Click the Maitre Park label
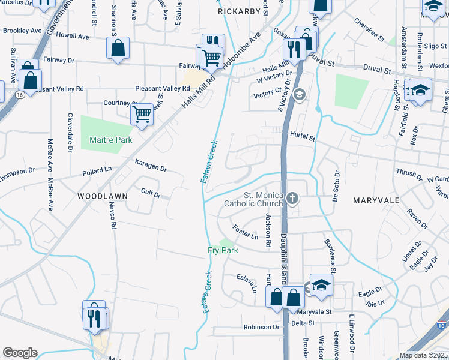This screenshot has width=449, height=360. pyautogui.click(x=110, y=140)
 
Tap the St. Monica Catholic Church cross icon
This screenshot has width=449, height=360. pyautogui.click(x=292, y=198)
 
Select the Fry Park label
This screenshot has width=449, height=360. pyautogui.click(x=223, y=250)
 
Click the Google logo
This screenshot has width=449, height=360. pyautogui.click(x=20, y=353)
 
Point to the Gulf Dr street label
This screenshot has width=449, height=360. pyautogui.click(x=150, y=193)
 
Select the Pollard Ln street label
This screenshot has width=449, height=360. pyautogui.click(x=97, y=172)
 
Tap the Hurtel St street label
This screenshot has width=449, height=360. pyautogui.click(x=302, y=137)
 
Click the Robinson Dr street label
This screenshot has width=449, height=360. pyautogui.click(x=262, y=327)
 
